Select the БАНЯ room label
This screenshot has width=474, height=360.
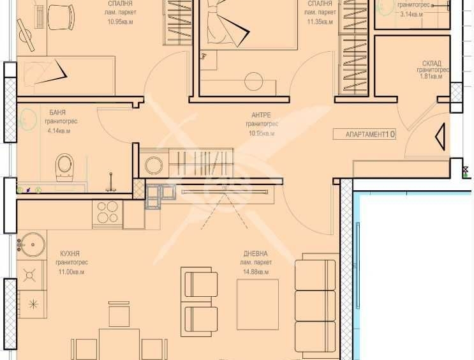coord(57,112)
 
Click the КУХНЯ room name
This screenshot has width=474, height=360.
coord(70,253)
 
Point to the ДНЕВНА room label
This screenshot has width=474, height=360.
coord(255,253)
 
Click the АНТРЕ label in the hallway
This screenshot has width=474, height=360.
coord(261,115)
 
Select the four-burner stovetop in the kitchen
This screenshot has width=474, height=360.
coord(107,212)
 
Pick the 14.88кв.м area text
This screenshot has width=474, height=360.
coord(256,272)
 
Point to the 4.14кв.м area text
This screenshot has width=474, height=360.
coord(59,131)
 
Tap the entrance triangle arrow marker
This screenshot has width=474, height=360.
coord(440,137)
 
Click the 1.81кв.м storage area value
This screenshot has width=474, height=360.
coord(431,77)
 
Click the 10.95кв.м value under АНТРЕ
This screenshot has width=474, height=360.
coord(262,133)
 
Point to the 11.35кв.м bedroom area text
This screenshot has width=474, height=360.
coord(319,22)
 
